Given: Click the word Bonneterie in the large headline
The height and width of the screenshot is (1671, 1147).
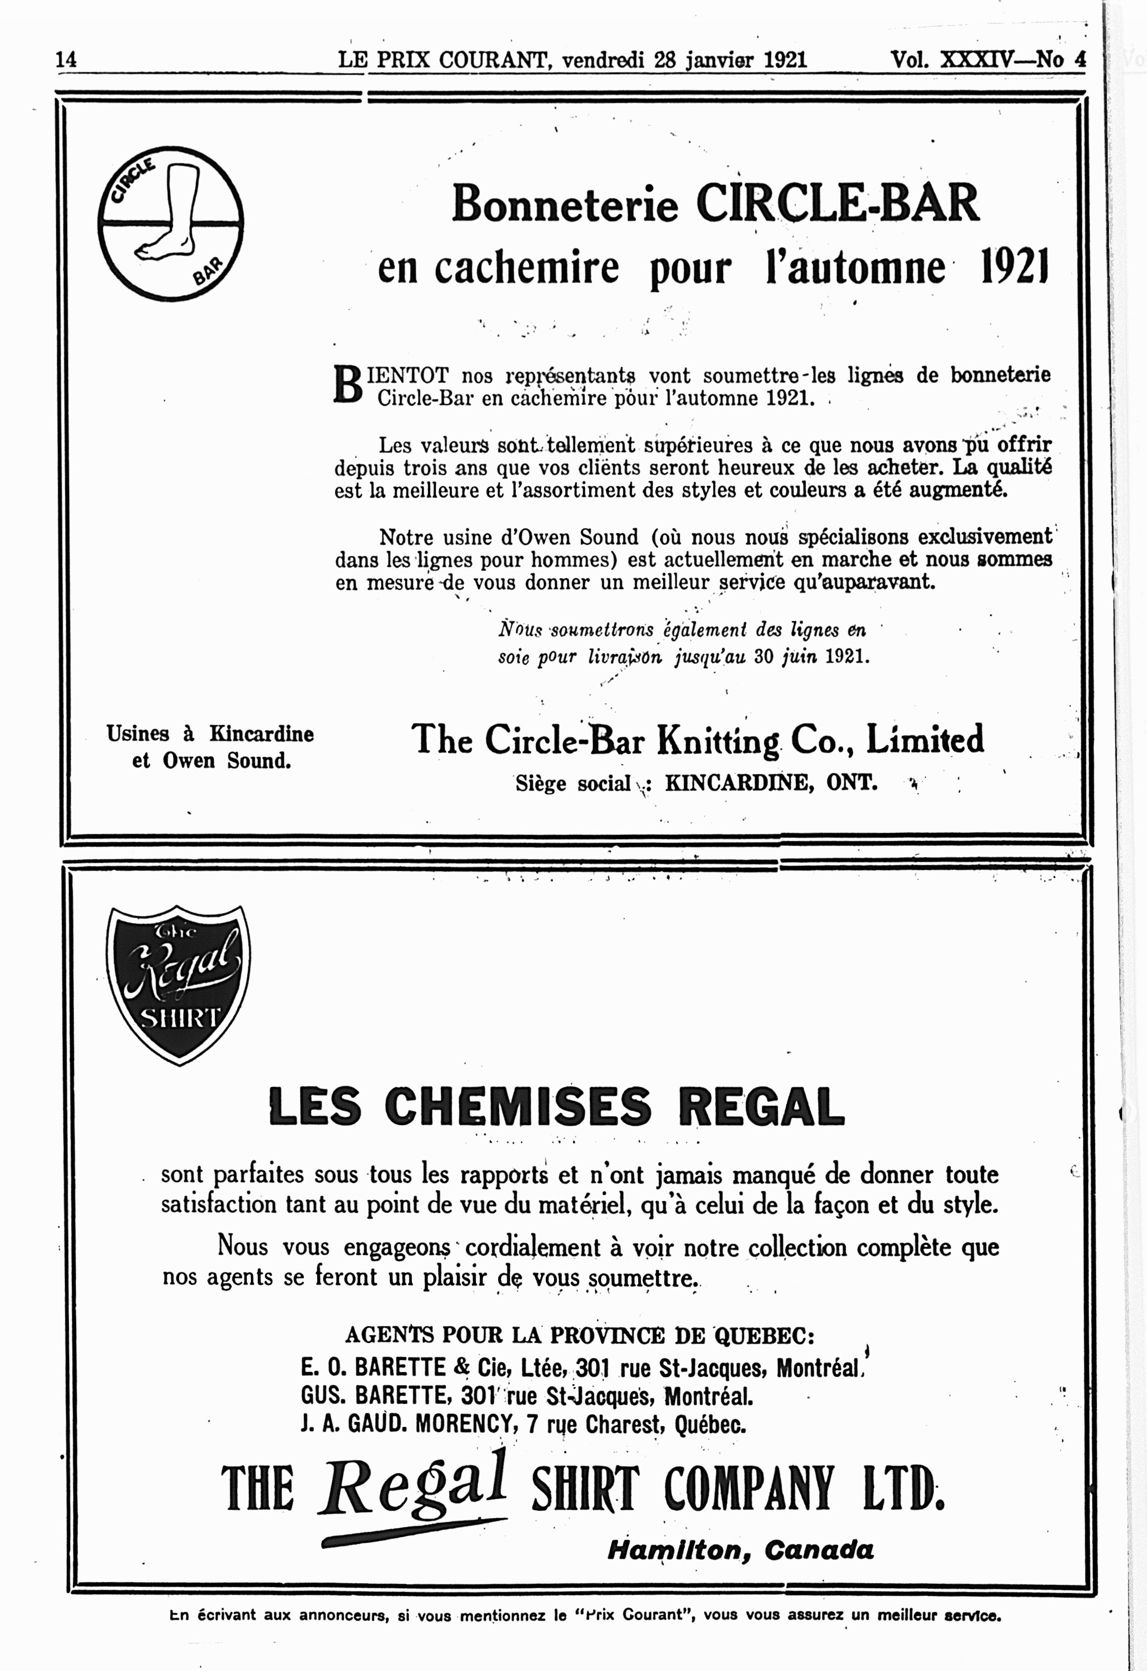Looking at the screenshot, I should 565,205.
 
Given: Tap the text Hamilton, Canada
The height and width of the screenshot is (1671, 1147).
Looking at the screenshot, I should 741,1549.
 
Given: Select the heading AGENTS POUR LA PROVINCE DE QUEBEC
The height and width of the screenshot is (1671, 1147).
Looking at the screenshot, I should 580,1335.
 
